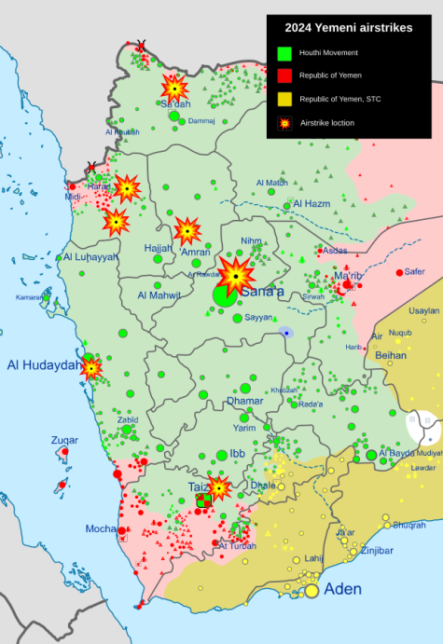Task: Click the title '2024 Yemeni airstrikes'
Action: pos(349,29)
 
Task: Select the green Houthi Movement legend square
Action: pos(284,52)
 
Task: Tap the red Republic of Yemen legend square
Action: pos(284,75)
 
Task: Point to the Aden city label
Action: pos(342,589)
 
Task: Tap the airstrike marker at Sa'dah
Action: pos(174,88)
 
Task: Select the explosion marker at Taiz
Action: pos(219,486)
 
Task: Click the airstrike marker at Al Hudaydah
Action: pos(91,367)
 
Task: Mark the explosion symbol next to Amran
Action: pos(187,230)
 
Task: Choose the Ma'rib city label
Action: pos(348,276)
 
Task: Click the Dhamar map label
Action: pos(244,402)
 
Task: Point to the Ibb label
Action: pos(239,454)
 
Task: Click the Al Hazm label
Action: pos(311,203)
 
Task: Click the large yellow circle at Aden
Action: pos(311,590)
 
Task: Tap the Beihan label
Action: pos(390,355)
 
